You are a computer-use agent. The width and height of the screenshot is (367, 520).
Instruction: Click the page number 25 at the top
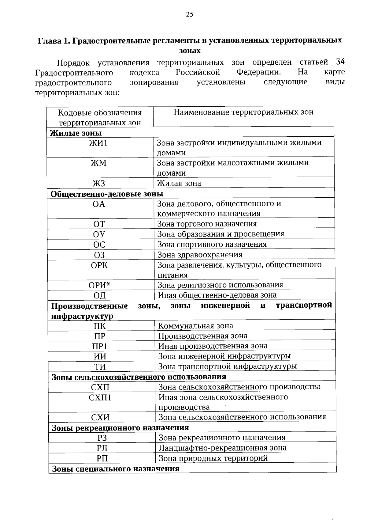pyautogui.click(x=189, y=14)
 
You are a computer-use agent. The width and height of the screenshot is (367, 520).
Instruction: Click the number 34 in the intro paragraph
pyautogui.click(x=340, y=62)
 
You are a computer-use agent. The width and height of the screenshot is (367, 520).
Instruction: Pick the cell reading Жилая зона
pyautogui.click(x=179, y=184)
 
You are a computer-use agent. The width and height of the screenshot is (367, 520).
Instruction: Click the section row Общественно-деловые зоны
pyautogui.click(x=107, y=194)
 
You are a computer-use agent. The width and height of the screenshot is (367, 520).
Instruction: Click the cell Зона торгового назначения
pyautogui.click(x=207, y=224)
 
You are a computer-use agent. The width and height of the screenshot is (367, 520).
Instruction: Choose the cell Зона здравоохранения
pyautogui.click(x=200, y=255)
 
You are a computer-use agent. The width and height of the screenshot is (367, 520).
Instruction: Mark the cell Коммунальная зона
pyautogui.click(x=195, y=326)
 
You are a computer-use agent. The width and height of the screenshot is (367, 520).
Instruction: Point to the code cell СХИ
pyautogui.click(x=100, y=418)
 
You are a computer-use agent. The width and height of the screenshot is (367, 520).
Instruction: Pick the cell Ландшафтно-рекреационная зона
pyautogui.click(x=223, y=448)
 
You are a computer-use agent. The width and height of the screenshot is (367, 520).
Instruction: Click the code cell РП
pyautogui.click(x=102, y=458)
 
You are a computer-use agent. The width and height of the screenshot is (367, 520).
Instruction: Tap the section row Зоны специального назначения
pyautogui.click(x=116, y=469)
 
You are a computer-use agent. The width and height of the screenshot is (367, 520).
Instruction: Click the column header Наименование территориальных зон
pyautogui.click(x=243, y=112)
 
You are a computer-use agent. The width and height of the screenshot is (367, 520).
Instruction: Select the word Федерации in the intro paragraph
pyautogui.click(x=259, y=72)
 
